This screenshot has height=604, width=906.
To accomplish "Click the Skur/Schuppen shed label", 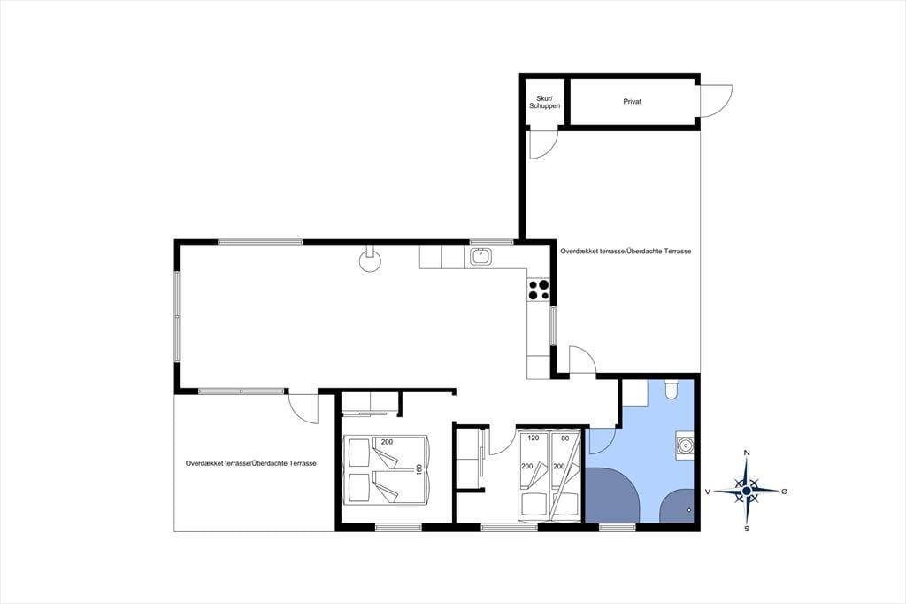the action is (544, 102).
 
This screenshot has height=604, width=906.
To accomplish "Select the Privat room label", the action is (632, 101).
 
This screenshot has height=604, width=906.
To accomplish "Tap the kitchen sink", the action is (480, 256).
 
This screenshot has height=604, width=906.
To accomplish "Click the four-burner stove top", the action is (539, 290).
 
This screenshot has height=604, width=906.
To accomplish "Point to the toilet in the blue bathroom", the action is (672, 389).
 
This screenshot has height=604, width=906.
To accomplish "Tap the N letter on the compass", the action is (747, 453).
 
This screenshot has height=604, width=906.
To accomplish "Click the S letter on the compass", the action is (747, 528).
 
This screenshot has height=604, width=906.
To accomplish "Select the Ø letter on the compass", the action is (784, 492).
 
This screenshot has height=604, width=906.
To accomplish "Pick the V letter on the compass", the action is (707, 492).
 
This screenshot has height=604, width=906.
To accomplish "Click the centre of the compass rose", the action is (747, 491).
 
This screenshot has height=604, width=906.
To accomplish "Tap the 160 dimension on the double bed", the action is (419, 469).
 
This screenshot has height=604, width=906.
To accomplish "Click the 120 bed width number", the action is (533, 438).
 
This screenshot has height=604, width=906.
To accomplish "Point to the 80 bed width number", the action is (565, 438).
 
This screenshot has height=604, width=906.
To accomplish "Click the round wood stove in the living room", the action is (370, 260).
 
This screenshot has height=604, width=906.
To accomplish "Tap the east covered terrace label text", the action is (626, 252).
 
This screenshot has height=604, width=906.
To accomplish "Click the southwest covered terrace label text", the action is (250, 463).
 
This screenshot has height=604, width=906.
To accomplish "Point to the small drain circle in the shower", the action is (689, 510).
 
